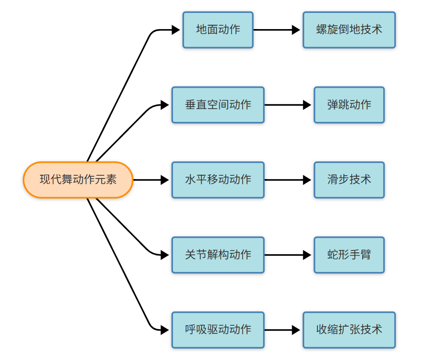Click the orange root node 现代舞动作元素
(78, 180)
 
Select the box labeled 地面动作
(218, 30)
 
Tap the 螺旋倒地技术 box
(349, 30)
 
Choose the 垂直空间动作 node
(218, 105)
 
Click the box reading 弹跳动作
(349, 105)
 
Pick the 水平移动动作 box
(218, 180)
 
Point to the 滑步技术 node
(349, 180)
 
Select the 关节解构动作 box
(218, 255)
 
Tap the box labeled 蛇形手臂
(349, 255)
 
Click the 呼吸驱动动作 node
(218, 330)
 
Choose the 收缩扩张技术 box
(349, 330)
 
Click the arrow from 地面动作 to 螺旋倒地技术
(276, 30)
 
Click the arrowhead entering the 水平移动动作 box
(165, 180)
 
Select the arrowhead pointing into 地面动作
(176, 30)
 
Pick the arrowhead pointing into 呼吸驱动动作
(165, 330)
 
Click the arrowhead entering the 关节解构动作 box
(165, 255)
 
